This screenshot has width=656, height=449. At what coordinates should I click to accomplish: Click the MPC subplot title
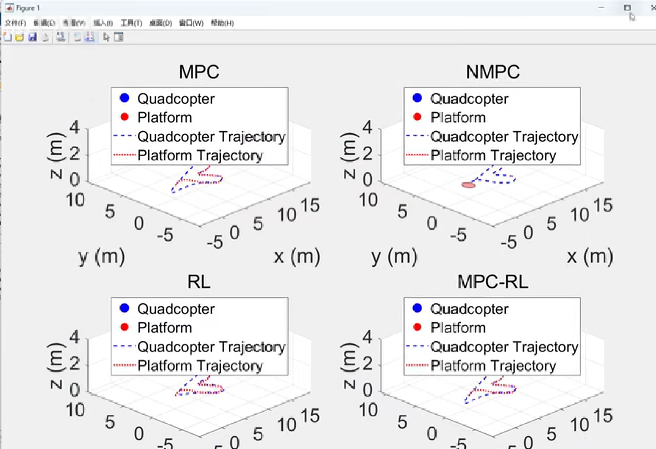coord(199,72)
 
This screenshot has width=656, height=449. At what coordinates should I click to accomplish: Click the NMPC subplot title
coord(493,72)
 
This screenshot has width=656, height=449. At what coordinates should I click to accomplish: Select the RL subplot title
coord(199,281)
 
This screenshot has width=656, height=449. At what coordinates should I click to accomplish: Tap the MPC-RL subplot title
coord(493,281)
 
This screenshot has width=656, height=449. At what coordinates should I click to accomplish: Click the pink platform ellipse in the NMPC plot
coord(468,185)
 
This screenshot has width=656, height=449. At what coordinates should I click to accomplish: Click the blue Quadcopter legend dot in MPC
coord(124,98)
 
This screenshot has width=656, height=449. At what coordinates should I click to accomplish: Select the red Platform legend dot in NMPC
coord(417,117)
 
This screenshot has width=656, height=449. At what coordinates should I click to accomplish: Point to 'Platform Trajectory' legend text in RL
coord(200,366)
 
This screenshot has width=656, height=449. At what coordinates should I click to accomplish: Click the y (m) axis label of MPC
coord(101,256)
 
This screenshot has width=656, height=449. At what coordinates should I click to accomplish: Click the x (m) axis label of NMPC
coord(590,256)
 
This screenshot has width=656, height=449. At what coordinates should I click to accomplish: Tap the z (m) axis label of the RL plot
coord(56,365)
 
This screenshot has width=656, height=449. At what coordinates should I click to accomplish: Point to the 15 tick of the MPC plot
coord(310,205)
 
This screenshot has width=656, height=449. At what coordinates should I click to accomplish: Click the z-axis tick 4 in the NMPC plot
coord(367,128)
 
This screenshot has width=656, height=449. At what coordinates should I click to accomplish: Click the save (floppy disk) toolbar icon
coord(33,37)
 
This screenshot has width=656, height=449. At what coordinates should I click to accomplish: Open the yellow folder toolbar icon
coord(20,37)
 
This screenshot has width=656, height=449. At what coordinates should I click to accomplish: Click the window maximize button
coord(627,8)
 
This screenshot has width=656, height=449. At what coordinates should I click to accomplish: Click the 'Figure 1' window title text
coord(28,8)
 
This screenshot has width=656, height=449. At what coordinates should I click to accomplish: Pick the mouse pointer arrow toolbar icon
coord(106,37)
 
